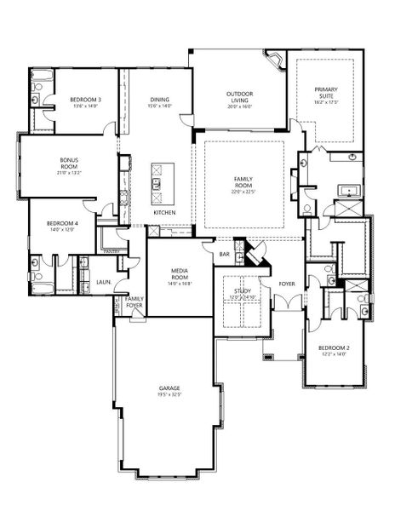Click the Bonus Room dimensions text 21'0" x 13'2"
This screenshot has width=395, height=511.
[69, 172]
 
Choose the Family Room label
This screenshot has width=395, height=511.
[244, 180]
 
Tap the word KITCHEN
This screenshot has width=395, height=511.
[164, 212]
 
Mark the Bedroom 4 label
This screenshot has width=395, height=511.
[65, 223]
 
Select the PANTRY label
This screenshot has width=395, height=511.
[110, 252]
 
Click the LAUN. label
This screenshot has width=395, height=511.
[102, 281]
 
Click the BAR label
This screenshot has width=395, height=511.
[225, 254]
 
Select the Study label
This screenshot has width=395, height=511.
[242, 292]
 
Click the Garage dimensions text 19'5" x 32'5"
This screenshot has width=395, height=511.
[169, 395]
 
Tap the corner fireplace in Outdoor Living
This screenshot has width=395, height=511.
[276, 62]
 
